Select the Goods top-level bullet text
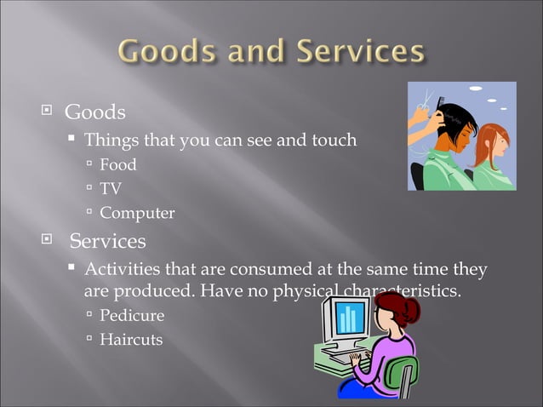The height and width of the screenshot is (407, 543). [95, 112]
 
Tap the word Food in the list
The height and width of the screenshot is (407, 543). [117, 165]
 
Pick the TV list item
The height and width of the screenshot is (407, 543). [110, 189]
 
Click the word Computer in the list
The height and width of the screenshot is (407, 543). [137, 213]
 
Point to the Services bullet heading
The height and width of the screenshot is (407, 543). [107, 241]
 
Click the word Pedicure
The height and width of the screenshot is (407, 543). [132, 315]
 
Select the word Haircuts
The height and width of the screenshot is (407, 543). [131, 339]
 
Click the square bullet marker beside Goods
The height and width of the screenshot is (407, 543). [48, 112]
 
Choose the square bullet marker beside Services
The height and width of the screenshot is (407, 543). [48, 241]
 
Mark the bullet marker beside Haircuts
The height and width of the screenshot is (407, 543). [89, 339]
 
